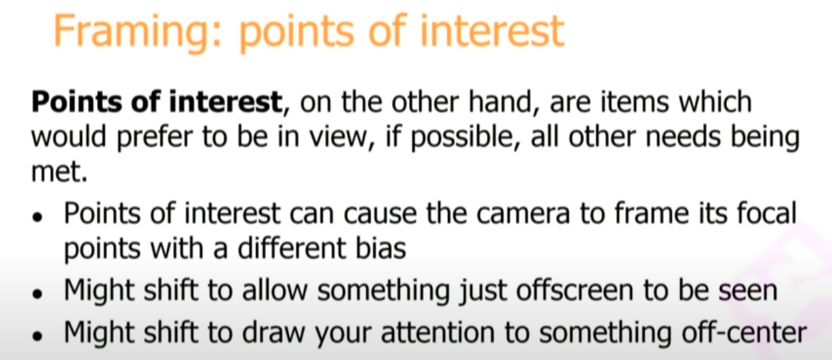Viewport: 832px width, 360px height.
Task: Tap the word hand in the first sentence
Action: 503,102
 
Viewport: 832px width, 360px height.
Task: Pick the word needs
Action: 683,137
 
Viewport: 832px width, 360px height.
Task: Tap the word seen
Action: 748,292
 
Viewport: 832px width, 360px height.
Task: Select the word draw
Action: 273,332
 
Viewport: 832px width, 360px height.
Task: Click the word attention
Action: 438,332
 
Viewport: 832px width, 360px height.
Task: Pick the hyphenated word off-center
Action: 744,332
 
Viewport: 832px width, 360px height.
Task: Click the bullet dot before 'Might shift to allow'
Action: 37,294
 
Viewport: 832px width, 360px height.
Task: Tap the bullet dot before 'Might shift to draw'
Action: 37,336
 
